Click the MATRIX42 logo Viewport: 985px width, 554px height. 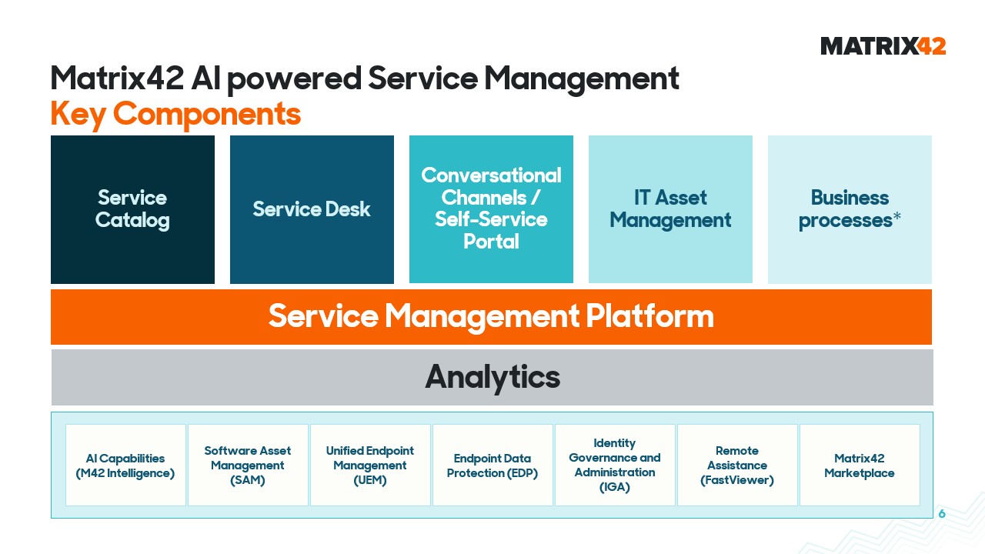pyautogui.click(x=883, y=46)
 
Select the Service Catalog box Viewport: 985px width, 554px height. pyautogui.click(x=133, y=209)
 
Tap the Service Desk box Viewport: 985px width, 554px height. pyautogui.click(x=312, y=209)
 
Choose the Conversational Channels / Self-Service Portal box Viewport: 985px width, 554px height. pyautogui.click(x=491, y=209)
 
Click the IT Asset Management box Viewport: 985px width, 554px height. pyautogui.click(x=670, y=209)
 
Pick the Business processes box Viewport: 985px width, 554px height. pyautogui.click(x=850, y=209)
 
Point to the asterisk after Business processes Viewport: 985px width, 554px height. pyautogui.click(x=897, y=216)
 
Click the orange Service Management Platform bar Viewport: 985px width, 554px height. pyautogui.click(x=491, y=317)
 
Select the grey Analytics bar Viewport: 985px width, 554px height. pyautogui.click(x=492, y=377)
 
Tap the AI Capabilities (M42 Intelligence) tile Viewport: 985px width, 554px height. pyautogui.click(x=125, y=466)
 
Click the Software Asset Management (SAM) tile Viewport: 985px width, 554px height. pyautogui.click(x=248, y=466)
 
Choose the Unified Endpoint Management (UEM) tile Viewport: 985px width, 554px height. pyautogui.click(x=370, y=466)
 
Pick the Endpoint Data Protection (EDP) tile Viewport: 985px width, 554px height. pyautogui.click(x=492, y=466)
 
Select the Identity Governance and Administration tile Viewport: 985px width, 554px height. pyautogui.click(x=615, y=466)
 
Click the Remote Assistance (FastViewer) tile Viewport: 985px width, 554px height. pyautogui.click(x=737, y=466)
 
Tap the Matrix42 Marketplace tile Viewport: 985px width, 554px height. pyautogui.click(x=860, y=466)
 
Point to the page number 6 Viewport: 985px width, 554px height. pyautogui.click(x=942, y=513)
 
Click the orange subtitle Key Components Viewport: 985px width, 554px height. pyautogui.click(x=176, y=114)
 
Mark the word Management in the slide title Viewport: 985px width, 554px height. pyautogui.click(x=582, y=79)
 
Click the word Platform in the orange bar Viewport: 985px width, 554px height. pyautogui.click(x=649, y=316)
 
